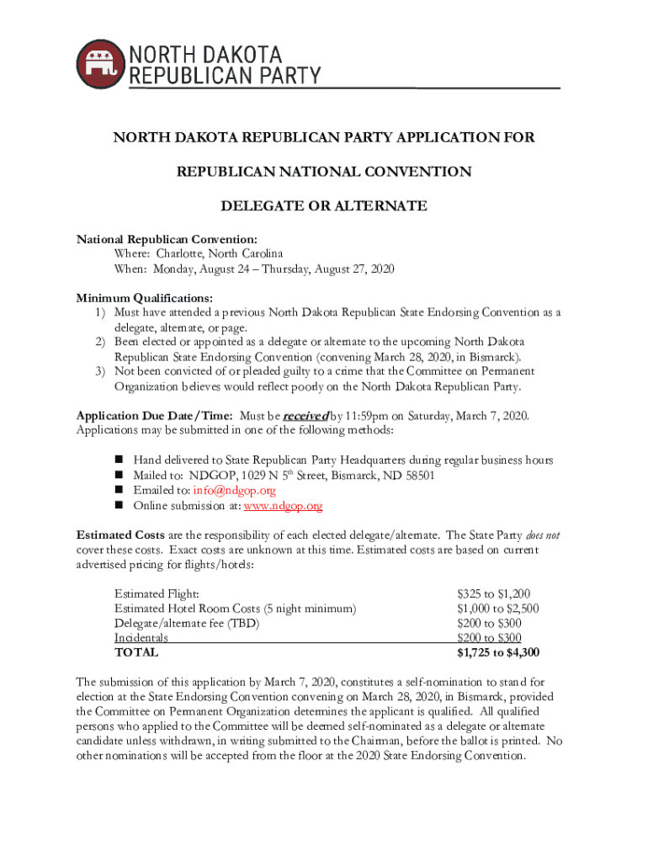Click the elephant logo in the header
click(x=99, y=61)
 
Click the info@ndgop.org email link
click(x=229, y=491)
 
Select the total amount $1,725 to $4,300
click(x=498, y=652)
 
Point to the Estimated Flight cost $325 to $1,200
click(x=493, y=594)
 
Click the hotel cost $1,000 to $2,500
click(x=497, y=609)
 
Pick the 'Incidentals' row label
click(x=141, y=638)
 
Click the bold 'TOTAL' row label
click(x=136, y=652)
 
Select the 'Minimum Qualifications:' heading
click(x=144, y=298)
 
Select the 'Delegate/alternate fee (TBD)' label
click(x=187, y=624)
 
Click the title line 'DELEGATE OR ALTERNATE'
click(x=323, y=206)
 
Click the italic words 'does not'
click(x=543, y=535)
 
